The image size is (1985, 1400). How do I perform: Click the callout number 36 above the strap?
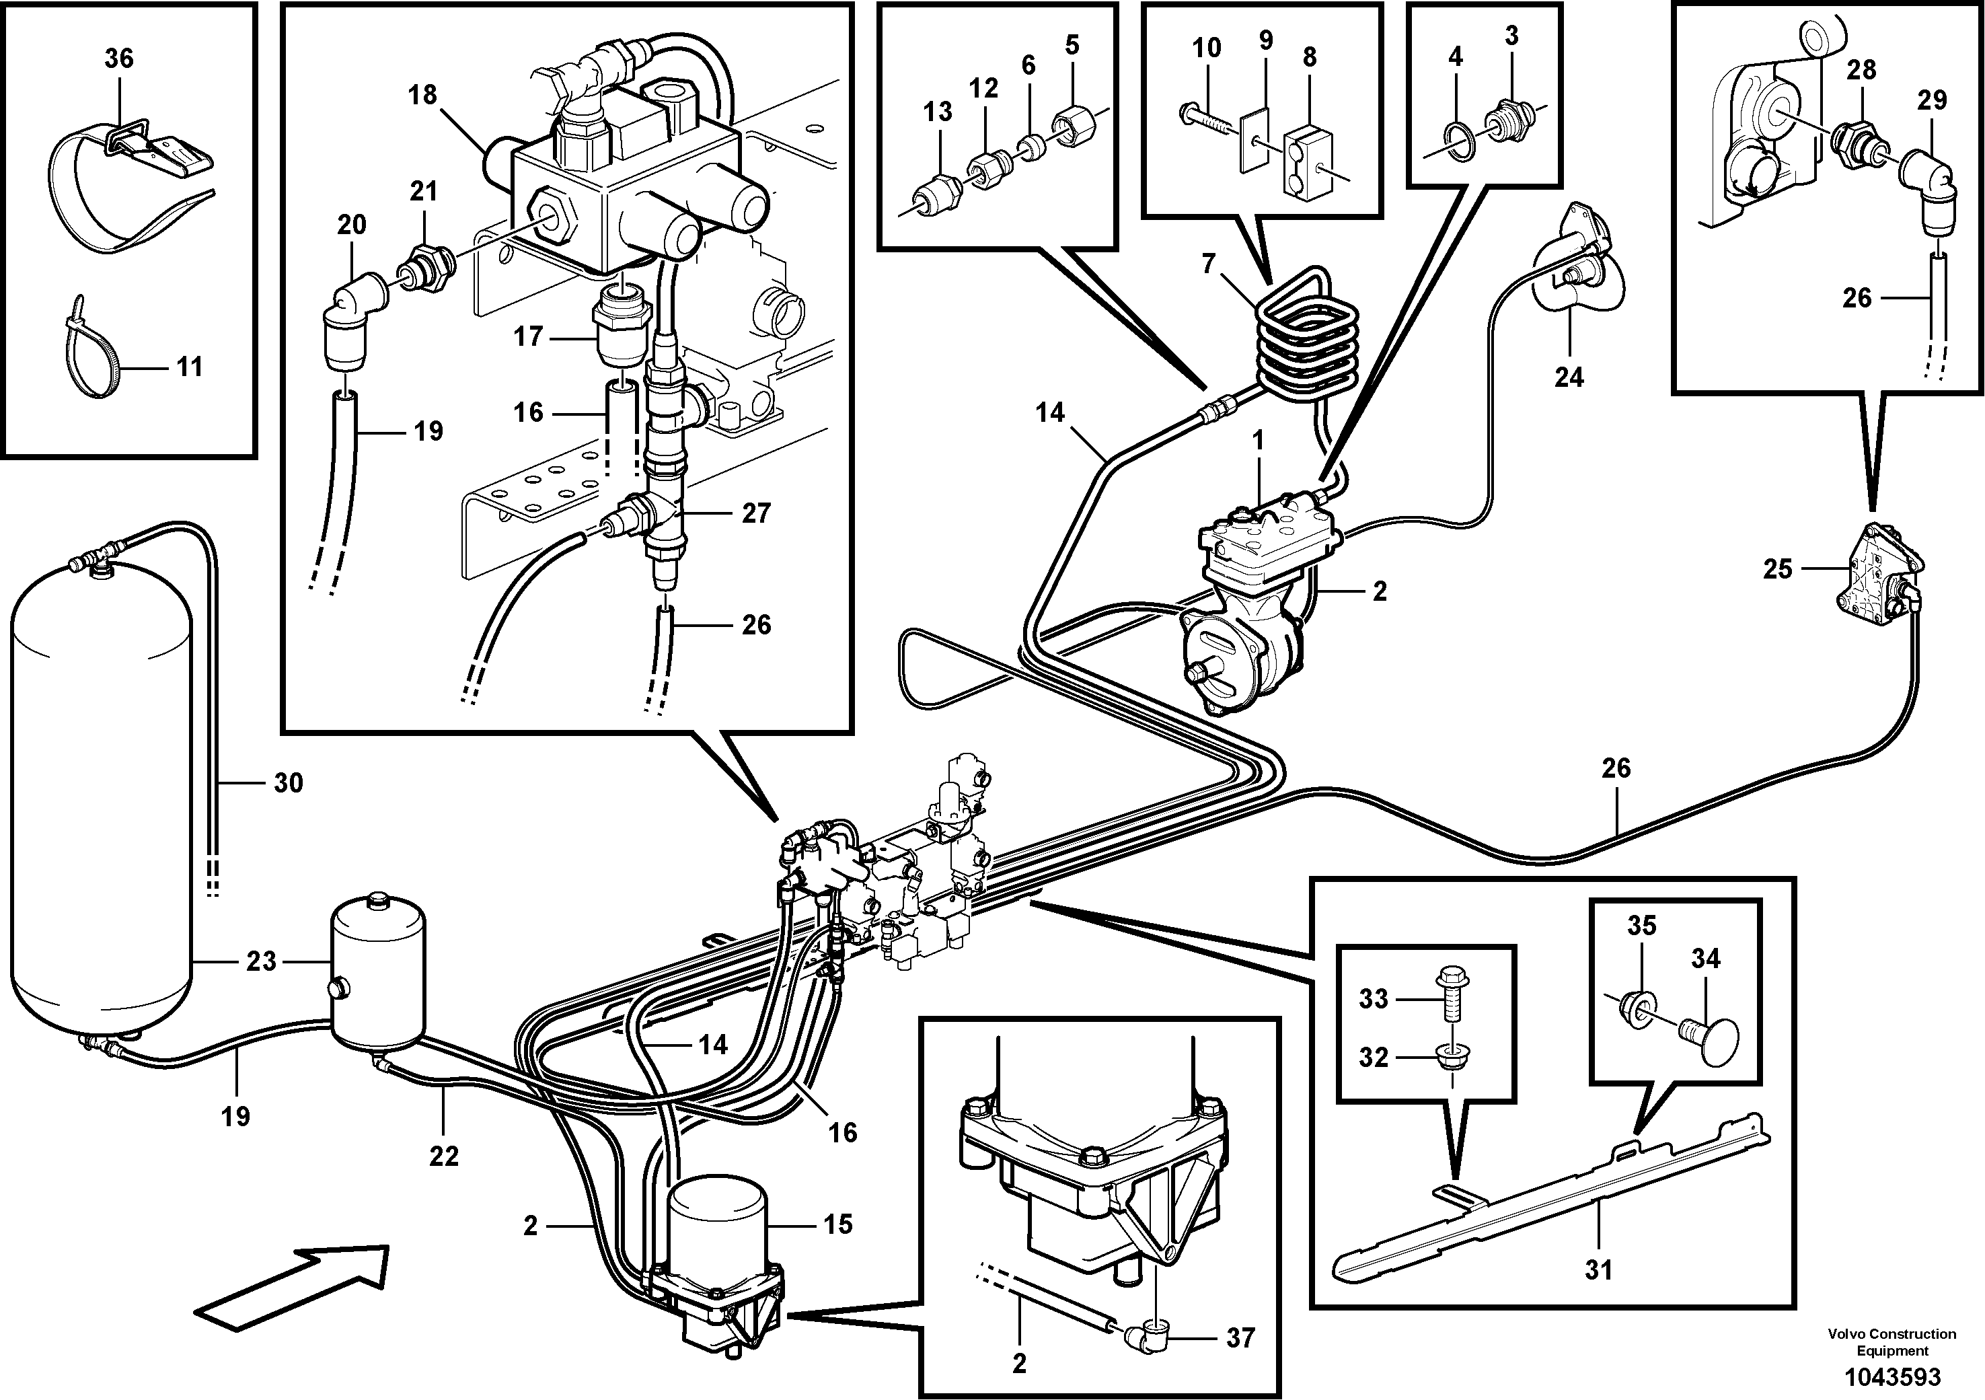pos(119,59)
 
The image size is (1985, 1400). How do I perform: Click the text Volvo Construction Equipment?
pos(1892,1343)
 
